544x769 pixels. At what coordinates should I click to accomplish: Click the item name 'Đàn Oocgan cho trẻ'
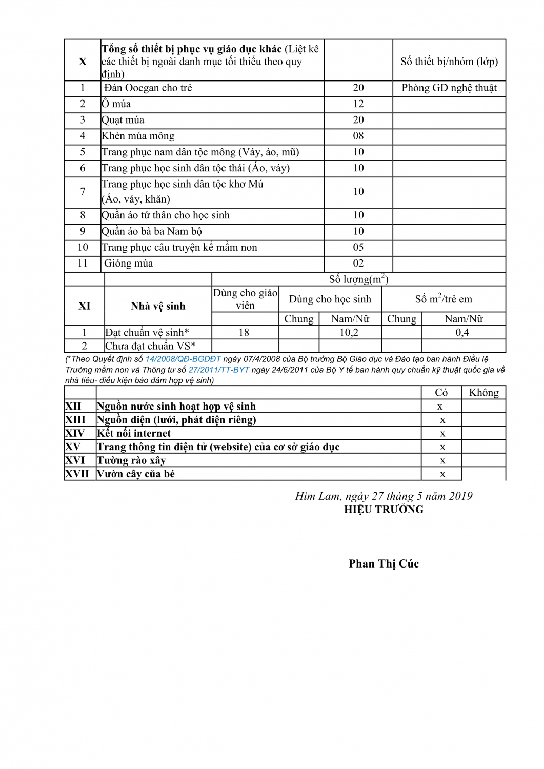click(148, 88)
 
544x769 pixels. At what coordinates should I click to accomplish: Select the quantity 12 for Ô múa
click(358, 104)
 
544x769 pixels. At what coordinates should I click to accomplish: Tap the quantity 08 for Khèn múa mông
click(358, 136)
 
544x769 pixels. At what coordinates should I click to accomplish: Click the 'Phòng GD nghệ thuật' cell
click(449, 88)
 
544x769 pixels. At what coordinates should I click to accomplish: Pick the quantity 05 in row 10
click(358, 248)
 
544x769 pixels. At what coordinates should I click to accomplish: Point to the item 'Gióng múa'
click(128, 264)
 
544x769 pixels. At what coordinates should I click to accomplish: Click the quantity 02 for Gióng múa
click(358, 264)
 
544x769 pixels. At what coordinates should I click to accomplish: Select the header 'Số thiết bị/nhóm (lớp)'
click(449, 62)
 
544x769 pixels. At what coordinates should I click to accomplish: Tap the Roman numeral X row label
click(83, 62)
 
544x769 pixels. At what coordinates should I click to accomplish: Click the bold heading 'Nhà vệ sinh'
click(158, 306)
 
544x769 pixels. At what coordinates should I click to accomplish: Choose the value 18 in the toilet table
click(244, 333)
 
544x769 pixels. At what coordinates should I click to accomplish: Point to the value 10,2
click(349, 333)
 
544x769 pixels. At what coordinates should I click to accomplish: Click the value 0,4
click(462, 333)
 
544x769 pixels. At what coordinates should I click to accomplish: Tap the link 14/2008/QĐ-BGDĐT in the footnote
click(183, 359)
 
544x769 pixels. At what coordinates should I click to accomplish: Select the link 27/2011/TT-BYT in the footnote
click(219, 370)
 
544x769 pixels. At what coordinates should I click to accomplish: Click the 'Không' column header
click(483, 393)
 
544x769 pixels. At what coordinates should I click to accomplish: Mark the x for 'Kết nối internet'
click(442, 434)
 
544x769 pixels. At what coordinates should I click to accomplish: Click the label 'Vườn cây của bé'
click(136, 474)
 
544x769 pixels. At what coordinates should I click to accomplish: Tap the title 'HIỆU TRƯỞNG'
click(384, 510)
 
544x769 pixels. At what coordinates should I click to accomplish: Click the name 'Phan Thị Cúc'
click(384, 564)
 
